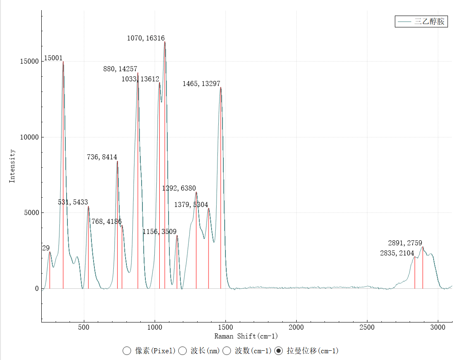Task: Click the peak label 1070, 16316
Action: point(146,38)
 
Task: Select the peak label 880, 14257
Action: point(120,69)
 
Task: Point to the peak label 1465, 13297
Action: point(201,84)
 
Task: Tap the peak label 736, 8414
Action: point(102,157)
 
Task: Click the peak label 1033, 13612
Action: point(140,79)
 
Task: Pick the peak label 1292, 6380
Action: point(179,188)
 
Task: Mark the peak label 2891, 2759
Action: point(405,243)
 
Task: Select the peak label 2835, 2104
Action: point(397,253)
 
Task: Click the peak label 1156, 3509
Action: point(159,232)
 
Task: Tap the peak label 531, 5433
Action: point(73,202)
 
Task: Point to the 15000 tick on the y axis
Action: point(30,62)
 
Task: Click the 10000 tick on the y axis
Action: point(30,137)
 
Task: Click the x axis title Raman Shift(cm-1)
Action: point(246,336)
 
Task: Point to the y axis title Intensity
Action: point(12,166)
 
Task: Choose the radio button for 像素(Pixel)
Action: point(127,351)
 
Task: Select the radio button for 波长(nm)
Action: point(183,351)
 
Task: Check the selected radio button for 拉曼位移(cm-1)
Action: point(279,351)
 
